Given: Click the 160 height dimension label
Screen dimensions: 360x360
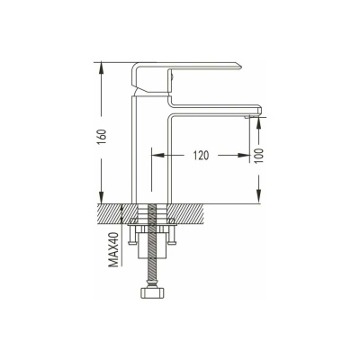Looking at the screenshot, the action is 102,137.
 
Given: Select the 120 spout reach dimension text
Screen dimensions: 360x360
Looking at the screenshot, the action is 201,156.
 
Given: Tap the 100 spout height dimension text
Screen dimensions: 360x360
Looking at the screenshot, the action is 260,156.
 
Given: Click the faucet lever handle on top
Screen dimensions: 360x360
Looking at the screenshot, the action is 180,72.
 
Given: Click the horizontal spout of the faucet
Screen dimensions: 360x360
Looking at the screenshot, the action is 214,109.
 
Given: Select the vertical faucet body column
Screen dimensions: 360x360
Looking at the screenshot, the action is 151,150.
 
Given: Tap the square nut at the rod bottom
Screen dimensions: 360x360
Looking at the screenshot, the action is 152,292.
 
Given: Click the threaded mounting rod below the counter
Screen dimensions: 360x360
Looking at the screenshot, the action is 152,243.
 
